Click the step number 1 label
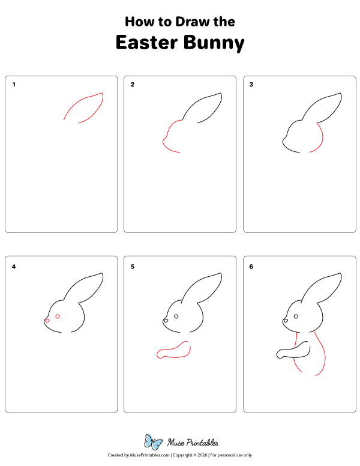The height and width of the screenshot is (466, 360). click(14, 85)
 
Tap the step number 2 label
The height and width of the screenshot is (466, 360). click(133, 85)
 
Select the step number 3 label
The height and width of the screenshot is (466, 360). click(251, 85)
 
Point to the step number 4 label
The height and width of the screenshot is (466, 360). click(14, 266)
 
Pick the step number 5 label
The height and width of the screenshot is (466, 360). click(133, 266)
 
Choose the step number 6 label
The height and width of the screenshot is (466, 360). click(251, 266)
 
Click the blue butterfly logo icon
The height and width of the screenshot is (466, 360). click(154, 443)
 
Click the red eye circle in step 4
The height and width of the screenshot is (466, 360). click(58, 316)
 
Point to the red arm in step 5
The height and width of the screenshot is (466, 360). click(173, 353)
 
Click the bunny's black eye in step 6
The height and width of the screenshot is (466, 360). click(295, 316)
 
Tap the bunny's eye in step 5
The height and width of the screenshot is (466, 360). click(176, 316)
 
